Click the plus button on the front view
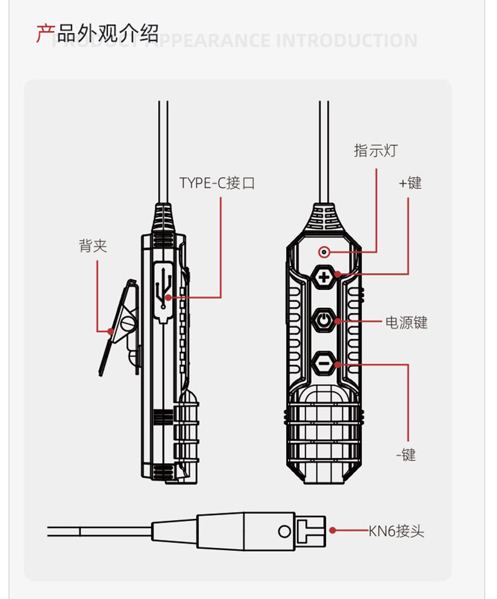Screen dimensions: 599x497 pyautogui.click(x=324, y=275)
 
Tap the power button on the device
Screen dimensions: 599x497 pyautogui.click(x=324, y=320)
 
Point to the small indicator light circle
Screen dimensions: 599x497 pyautogui.click(x=323, y=252)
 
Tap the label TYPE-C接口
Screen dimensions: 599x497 pyautogui.click(x=217, y=183)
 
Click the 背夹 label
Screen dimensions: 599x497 pyautogui.click(x=93, y=246)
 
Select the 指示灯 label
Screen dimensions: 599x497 pyautogui.click(x=375, y=150)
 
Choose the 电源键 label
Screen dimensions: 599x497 pyautogui.click(x=406, y=322)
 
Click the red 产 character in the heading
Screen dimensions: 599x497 pyautogui.click(x=45, y=33)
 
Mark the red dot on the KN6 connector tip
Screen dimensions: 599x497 pyautogui.click(x=333, y=531)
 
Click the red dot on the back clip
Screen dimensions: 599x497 pyautogui.click(x=111, y=331)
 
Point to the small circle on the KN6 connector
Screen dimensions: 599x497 pyautogui.click(x=285, y=531)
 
